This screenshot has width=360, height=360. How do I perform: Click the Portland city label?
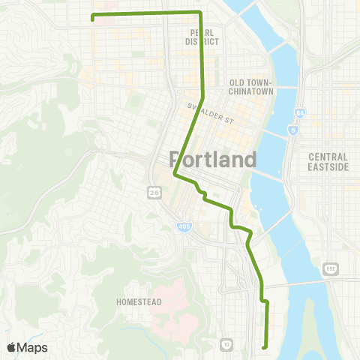pos(214,159)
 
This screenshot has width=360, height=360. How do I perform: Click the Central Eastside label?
pos(328,161)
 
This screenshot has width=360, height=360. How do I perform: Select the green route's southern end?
pos(264,346)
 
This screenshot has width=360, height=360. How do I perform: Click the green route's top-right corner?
pos(200,13)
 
